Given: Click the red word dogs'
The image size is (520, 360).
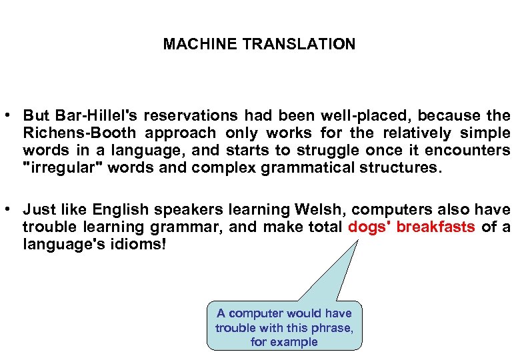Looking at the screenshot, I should (369, 227).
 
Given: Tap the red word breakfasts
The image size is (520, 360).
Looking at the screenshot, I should (436, 227).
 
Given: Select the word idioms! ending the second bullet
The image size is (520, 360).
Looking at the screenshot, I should (139, 245).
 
